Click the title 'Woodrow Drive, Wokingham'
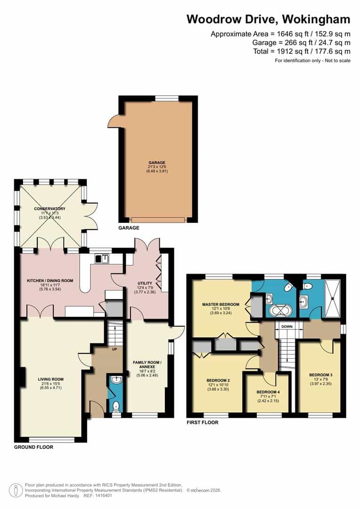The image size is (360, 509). (x=268, y=19)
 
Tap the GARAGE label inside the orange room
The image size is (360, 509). (x=158, y=163)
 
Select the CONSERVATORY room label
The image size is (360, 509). (x=49, y=209)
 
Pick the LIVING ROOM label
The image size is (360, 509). (x=50, y=378)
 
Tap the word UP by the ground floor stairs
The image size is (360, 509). (x=115, y=349)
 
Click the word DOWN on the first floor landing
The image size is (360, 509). (x=287, y=327)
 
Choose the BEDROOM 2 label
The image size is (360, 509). (x=218, y=380)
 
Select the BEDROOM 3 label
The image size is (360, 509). (x=320, y=375)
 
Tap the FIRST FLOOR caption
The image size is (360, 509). (x=203, y=422)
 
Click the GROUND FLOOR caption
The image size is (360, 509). (x=33, y=447)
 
